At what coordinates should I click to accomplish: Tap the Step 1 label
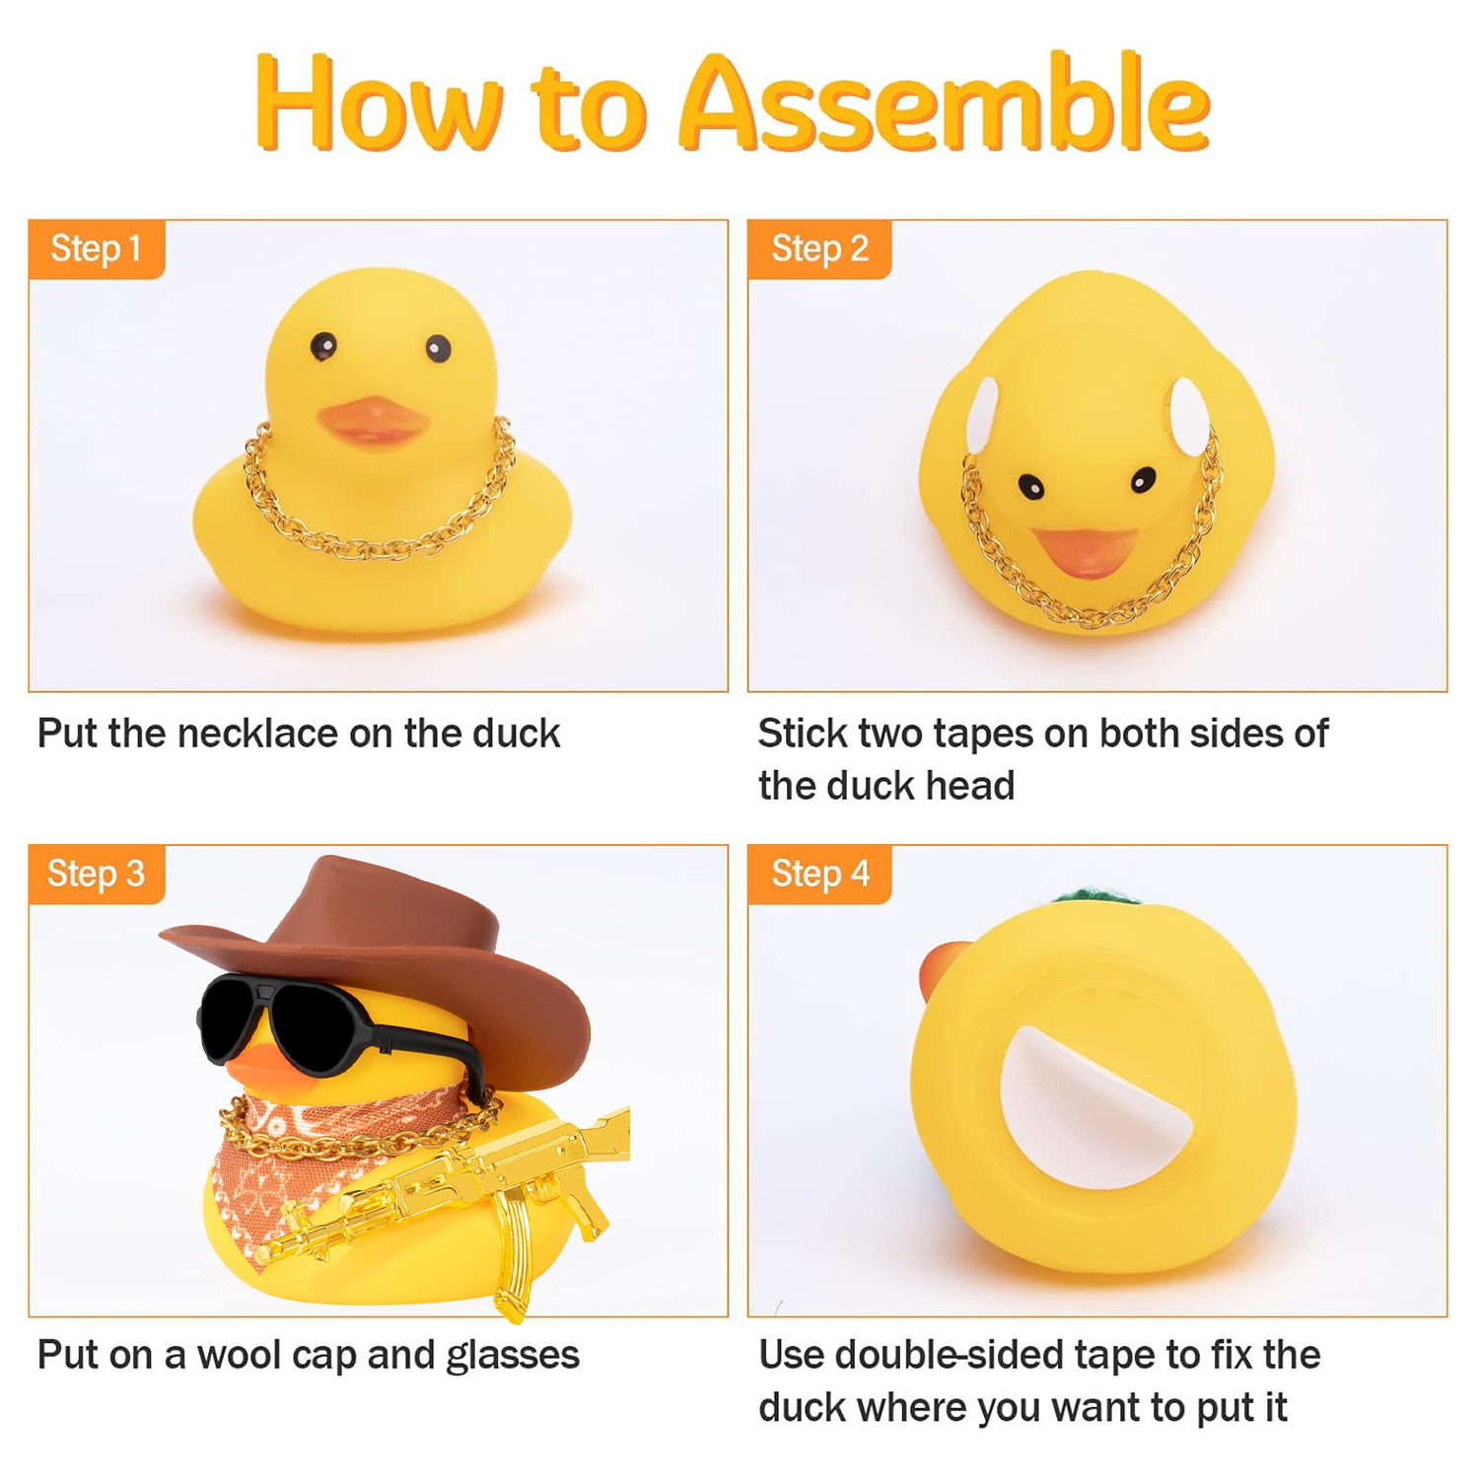(x=96, y=248)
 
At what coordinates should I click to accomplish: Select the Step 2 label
(x=819, y=248)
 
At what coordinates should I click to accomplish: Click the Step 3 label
(x=96, y=874)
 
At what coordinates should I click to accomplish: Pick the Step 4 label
(x=819, y=874)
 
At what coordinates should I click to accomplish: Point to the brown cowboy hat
(x=394, y=947)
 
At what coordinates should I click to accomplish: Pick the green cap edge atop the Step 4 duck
(x=1094, y=895)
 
